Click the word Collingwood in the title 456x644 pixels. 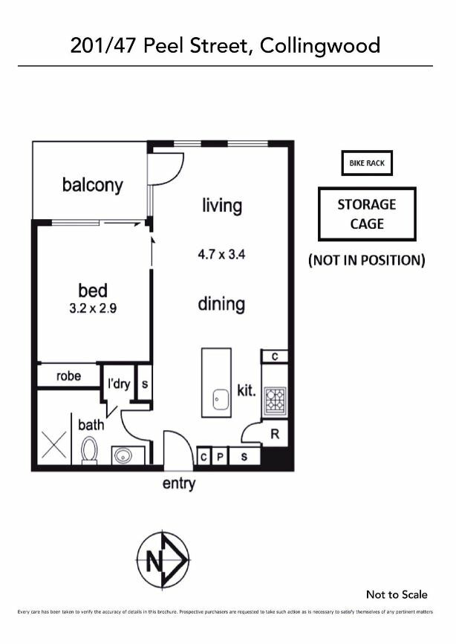pyautogui.click(x=322, y=46)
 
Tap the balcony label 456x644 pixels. pyautogui.click(x=92, y=185)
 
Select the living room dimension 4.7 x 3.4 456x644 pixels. pyautogui.click(x=221, y=254)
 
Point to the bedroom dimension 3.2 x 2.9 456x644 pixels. pyautogui.click(x=93, y=307)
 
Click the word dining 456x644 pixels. pyautogui.click(x=221, y=304)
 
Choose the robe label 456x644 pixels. pyautogui.click(x=69, y=376)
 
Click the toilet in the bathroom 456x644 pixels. pyautogui.click(x=90, y=450)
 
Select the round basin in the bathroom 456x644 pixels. pyautogui.click(x=122, y=455)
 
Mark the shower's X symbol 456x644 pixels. pyautogui.click(x=53, y=446)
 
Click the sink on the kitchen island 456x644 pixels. pyautogui.click(x=219, y=400)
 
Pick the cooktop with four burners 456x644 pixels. pyautogui.click(x=275, y=400)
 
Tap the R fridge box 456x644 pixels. pyautogui.click(x=273, y=434)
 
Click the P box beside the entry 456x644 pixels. pyautogui.click(x=220, y=457)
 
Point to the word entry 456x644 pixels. pyautogui.click(x=179, y=484)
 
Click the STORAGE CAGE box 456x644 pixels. pyautogui.click(x=366, y=214)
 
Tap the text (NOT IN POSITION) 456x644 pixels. pyautogui.click(x=366, y=260)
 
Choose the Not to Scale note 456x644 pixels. pyautogui.click(x=397, y=594)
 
